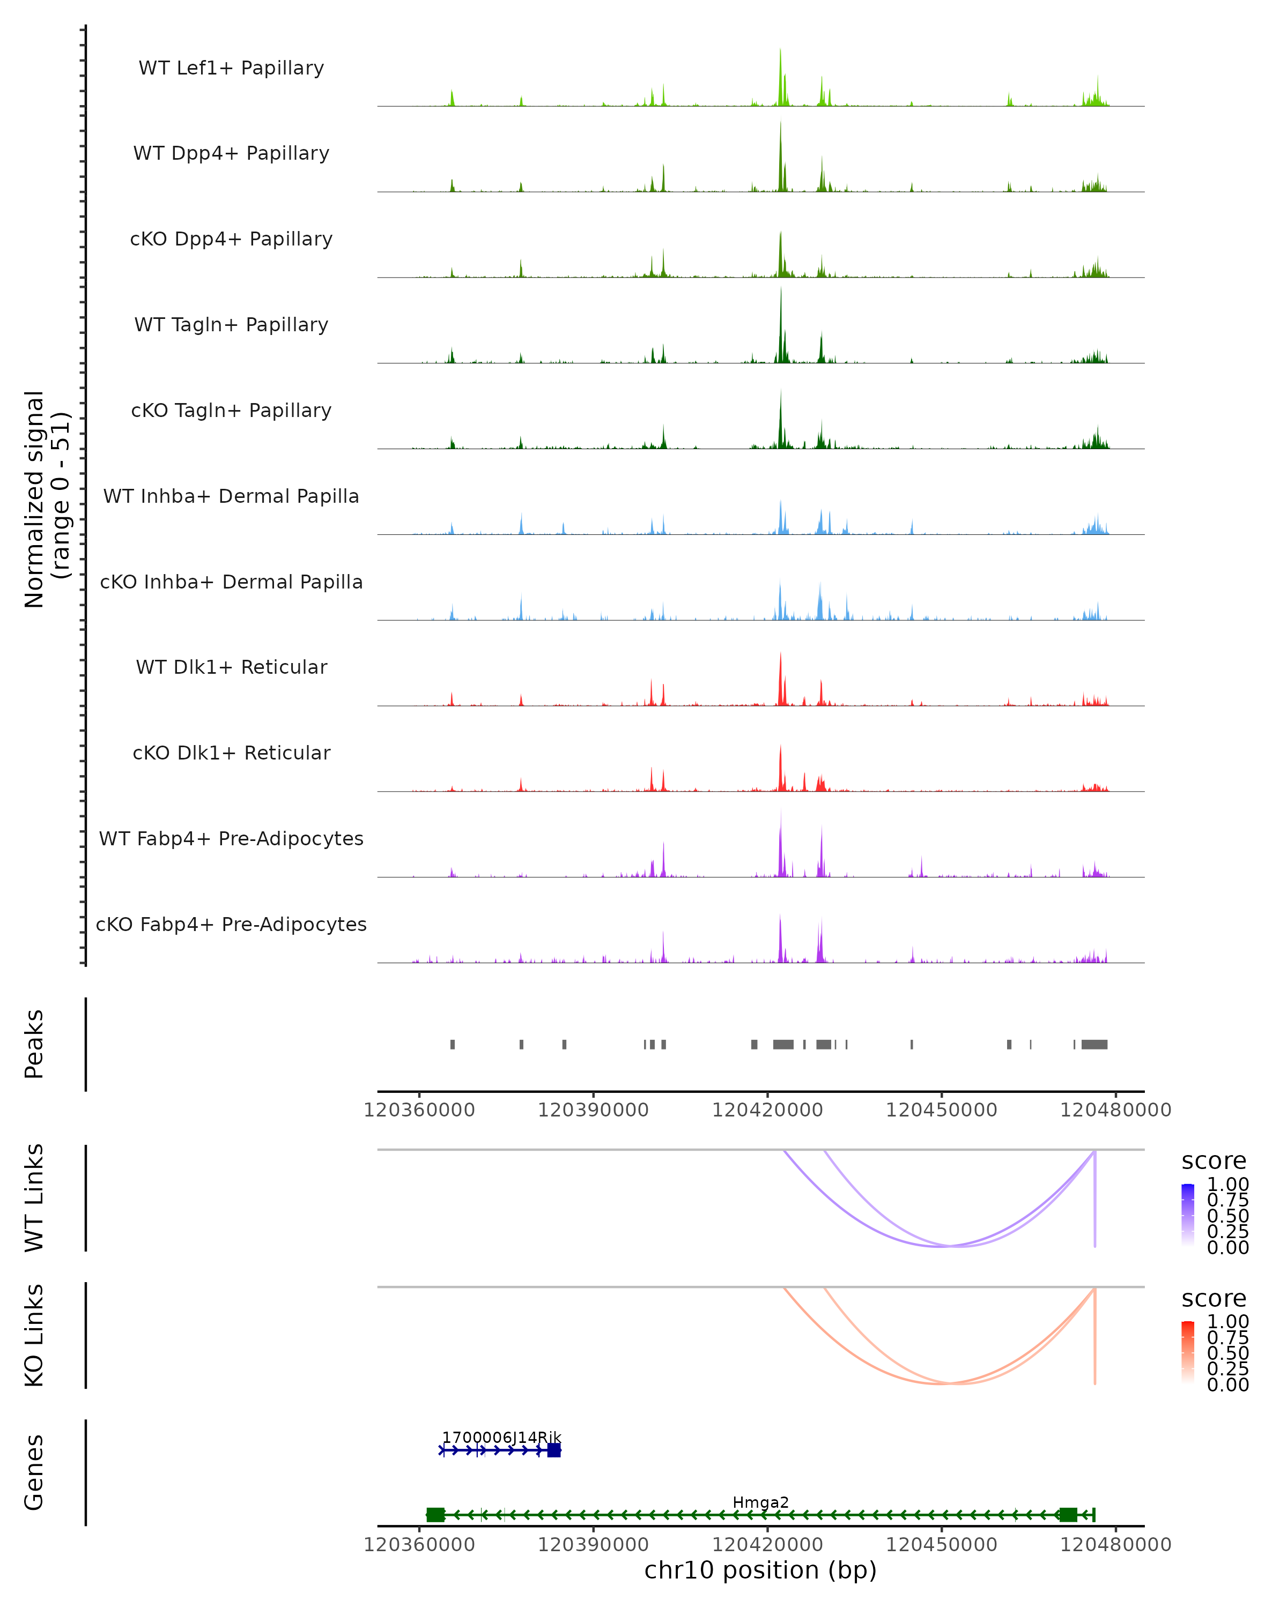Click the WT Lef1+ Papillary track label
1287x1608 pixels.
tap(231, 68)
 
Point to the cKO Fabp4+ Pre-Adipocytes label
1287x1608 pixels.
tap(231, 924)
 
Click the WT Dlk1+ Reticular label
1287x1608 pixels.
tap(231, 667)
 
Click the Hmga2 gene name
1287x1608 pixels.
tap(760, 1502)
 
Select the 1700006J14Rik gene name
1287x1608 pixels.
tap(501, 1437)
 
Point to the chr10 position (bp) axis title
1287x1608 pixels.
tap(760, 1570)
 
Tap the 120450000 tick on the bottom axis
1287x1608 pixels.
tap(942, 1544)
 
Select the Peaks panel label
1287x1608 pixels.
tap(34, 1044)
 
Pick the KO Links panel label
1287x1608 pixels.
tap(34, 1335)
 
